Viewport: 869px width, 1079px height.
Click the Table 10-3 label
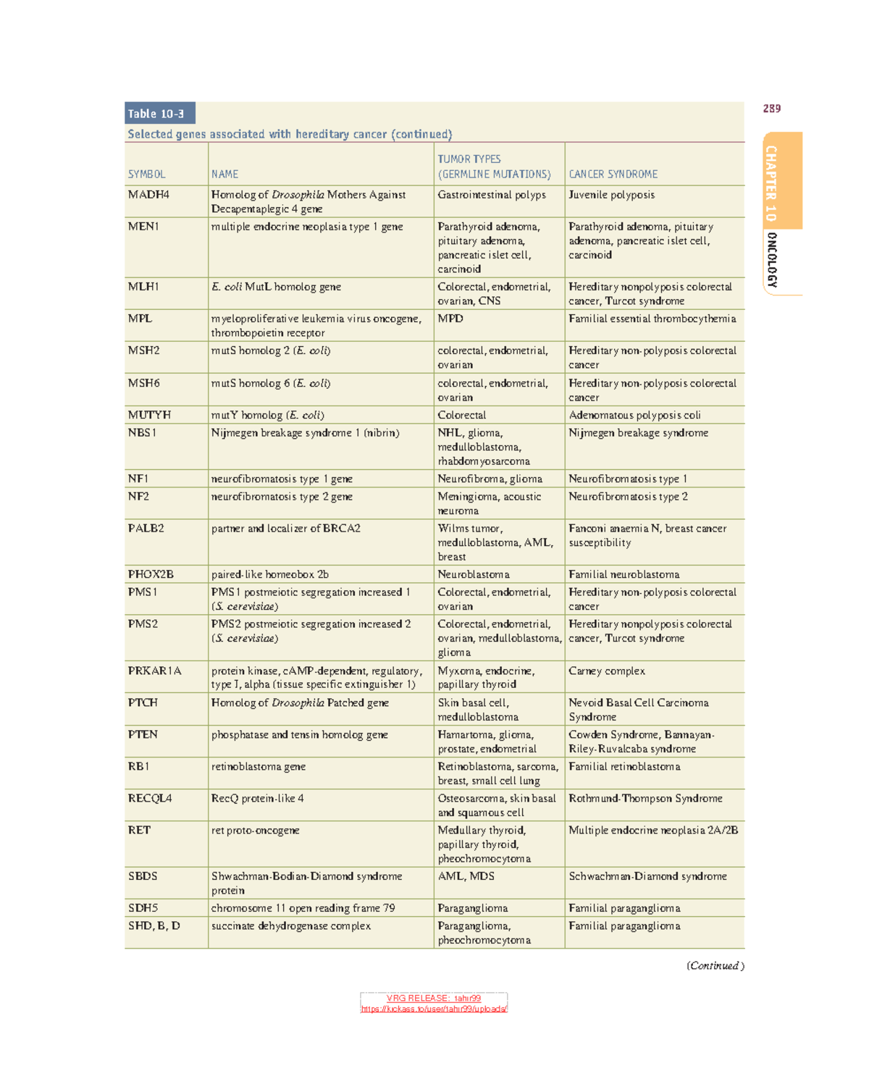point(156,114)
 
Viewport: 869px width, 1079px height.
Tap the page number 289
point(771,109)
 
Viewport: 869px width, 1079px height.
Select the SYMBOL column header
point(146,175)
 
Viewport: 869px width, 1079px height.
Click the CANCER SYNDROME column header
point(613,175)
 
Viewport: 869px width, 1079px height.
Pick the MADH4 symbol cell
point(148,195)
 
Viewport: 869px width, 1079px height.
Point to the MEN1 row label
point(143,227)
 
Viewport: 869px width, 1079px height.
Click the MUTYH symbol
point(149,415)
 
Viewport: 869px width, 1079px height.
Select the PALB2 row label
point(146,529)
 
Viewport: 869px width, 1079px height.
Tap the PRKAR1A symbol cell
point(154,671)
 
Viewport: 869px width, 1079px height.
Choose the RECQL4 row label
point(150,798)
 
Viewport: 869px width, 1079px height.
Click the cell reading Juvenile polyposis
point(611,195)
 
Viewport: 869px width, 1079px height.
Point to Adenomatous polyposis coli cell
point(634,415)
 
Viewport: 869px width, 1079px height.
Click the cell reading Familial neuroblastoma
point(624,574)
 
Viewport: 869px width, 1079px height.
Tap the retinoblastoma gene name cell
point(258,766)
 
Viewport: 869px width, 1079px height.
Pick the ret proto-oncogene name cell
point(255,830)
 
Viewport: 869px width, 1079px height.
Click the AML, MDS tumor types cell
point(466,876)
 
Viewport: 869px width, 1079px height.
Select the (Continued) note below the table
point(715,965)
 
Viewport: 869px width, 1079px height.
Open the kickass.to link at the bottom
point(434,1009)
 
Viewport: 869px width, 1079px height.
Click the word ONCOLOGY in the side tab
point(772,261)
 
